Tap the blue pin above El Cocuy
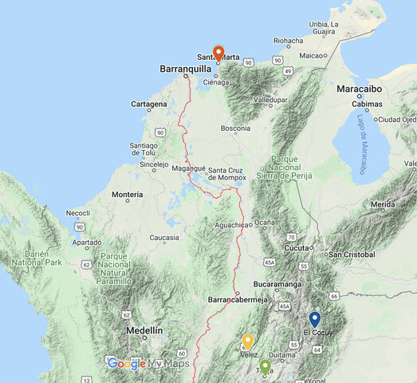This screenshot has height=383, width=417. point(314,319)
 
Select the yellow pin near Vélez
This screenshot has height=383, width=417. point(248,342)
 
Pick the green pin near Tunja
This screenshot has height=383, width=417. point(265,366)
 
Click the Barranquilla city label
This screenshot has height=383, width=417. point(185,69)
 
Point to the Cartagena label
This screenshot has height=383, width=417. point(149,105)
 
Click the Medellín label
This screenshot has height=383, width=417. point(144,330)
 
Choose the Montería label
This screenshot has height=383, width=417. point(128,195)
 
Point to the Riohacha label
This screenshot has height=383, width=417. point(288,41)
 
